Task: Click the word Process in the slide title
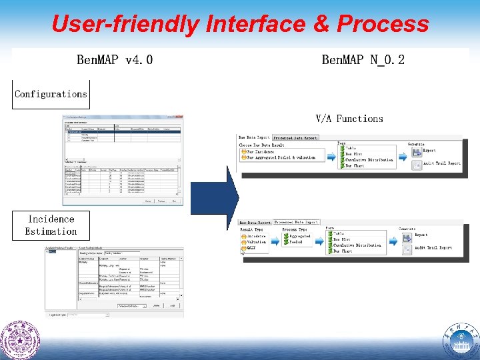pos(383,24)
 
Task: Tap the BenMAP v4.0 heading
pos(115,60)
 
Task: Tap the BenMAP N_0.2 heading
pos(363,60)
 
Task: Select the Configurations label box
pos(51,94)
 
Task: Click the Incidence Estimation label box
pos(51,225)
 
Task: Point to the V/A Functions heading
pos(349,119)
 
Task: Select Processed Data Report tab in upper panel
pos(295,137)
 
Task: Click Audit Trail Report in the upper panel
pos(441,163)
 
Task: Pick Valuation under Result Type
pos(256,242)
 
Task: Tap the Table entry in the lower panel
pos(340,233)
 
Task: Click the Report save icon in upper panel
pos(416,151)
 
